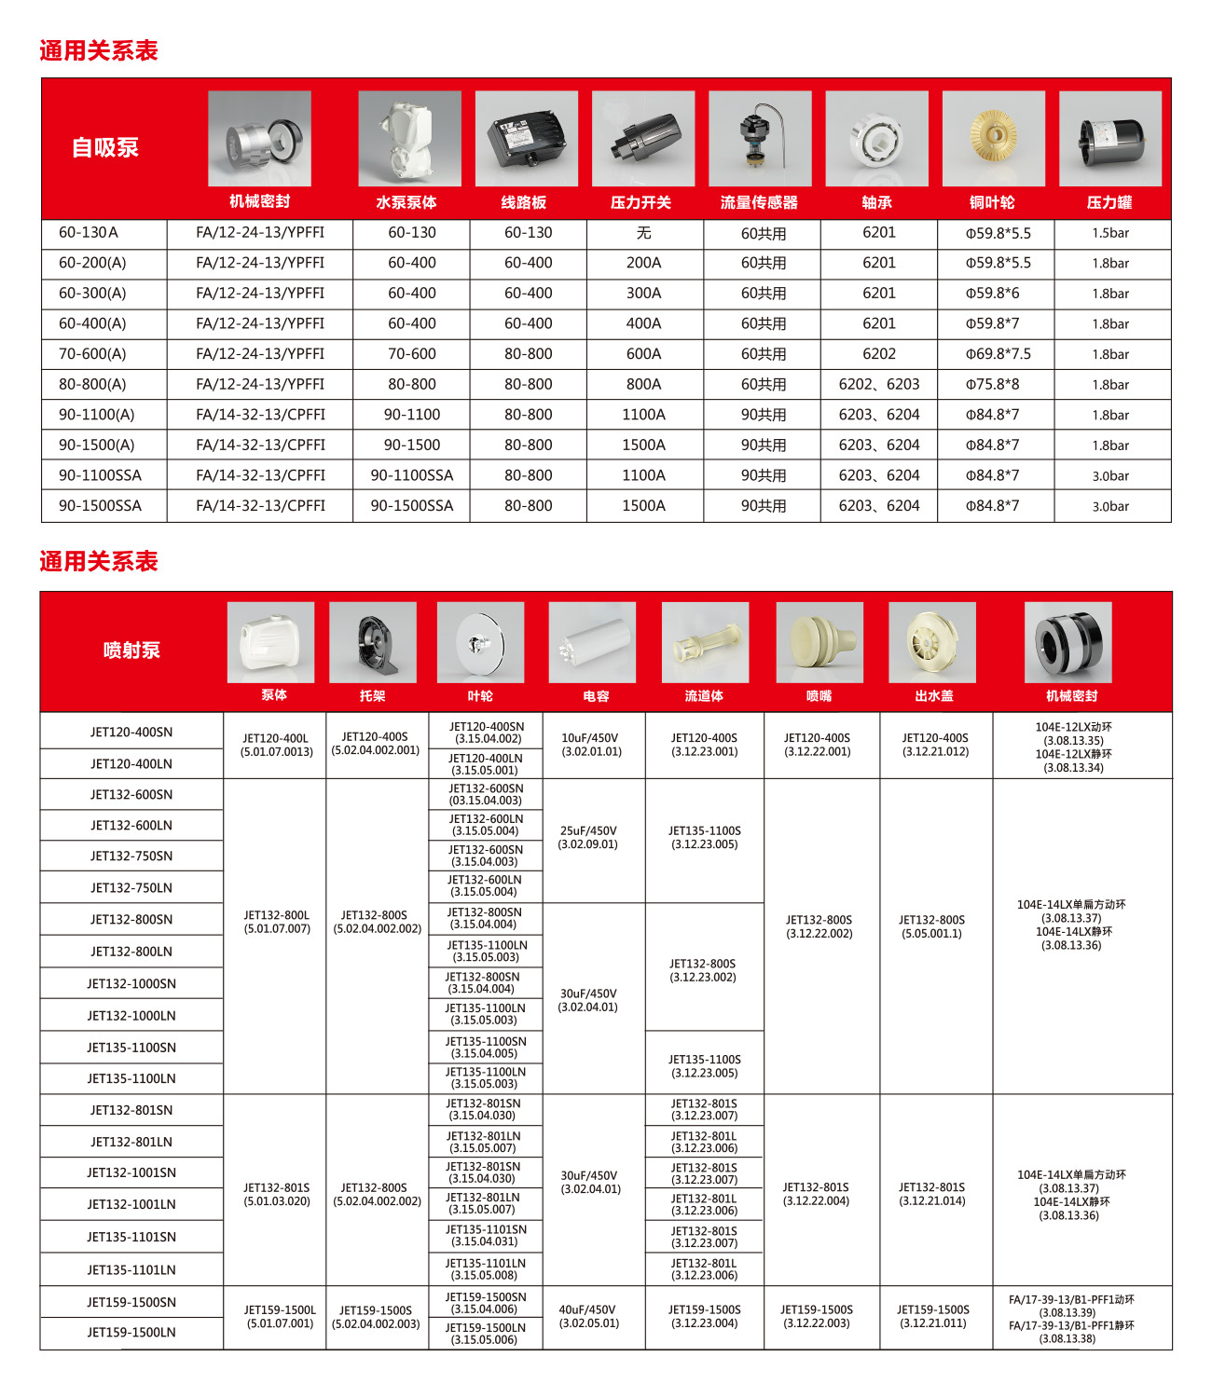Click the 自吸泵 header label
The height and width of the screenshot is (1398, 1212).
pyautogui.click(x=105, y=147)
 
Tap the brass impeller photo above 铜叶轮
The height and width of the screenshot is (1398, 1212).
pyautogui.click(x=993, y=138)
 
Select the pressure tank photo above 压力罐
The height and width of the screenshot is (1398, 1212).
pyautogui.click(x=1109, y=138)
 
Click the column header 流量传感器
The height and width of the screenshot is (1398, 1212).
pyautogui.click(x=759, y=202)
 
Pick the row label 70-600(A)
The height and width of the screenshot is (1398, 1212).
pyautogui.click(x=92, y=354)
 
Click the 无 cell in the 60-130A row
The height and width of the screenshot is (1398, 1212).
pyautogui.click(x=643, y=233)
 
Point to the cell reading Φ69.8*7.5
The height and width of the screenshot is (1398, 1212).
pyautogui.click(x=998, y=354)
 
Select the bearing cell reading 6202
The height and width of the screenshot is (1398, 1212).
pyautogui.click(x=878, y=354)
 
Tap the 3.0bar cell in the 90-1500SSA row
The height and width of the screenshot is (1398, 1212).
pyautogui.click(x=1110, y=506)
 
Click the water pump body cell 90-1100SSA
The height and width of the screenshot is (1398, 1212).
pyautogui.click(x=411, y=475)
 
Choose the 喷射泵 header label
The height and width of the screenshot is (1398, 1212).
pyautogui.click(x=131, y=651)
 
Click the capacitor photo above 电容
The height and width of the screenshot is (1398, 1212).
pyautogui.click(x=592, y=642)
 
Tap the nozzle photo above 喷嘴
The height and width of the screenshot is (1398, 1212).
pyautogui.click(x=819, y=642)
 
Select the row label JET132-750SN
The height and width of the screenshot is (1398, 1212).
pyautogui.click(x=131, y=857)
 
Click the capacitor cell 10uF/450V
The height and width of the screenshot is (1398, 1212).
pyautogui.click(x=589, y=745)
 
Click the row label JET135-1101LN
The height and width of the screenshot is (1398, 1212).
pyautogui.click(x=131, y=1269)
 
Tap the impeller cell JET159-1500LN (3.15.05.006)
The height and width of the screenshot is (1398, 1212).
pyautogui.click(x=485, y=1334)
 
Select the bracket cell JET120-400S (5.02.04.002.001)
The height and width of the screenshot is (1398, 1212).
pyautogui.click(x=375, y=744)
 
